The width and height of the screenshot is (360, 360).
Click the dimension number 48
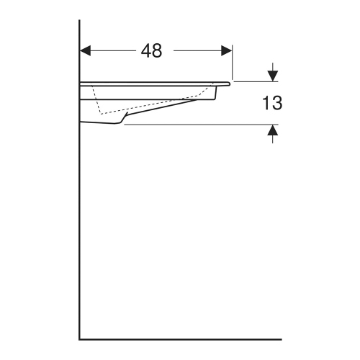(x=151, y=51)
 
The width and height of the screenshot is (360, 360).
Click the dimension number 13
(x=271, y=103)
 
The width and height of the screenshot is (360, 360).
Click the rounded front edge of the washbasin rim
(x=230, y=84)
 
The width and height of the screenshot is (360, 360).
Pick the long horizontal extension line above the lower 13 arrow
(x=202, y=125)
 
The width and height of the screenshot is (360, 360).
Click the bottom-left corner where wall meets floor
(x=79, y=338)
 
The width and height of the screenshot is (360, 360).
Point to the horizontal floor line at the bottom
(x=180, y=338)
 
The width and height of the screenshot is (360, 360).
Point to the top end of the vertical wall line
(x=79, y=22)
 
